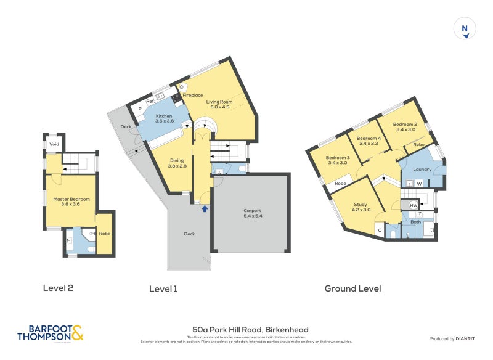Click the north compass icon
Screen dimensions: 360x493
coord(465,29)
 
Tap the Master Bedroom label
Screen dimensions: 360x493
coord(71,199)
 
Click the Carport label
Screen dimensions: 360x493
coord(253,210)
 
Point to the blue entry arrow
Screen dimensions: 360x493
coord(205,210)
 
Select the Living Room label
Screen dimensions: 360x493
coord(218,102)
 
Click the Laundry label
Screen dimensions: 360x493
coord(422,168)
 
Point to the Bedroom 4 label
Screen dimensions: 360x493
coord(369,138)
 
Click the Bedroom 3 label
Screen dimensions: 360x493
coord(338,157)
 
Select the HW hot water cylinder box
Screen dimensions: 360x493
coord(414,205)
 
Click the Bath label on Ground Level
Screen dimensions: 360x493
coord(416,221)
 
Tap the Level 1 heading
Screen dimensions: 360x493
coord(163,288)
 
